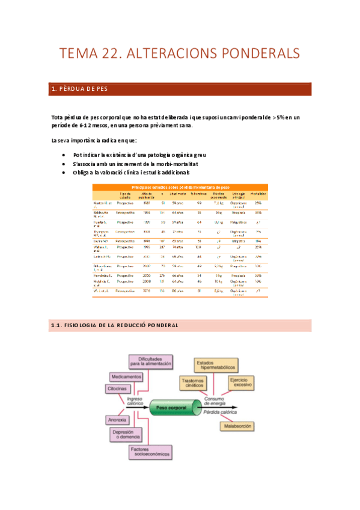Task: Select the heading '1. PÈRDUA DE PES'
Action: click(x=79, y=90)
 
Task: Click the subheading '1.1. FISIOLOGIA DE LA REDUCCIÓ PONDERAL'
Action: click(x=115, y=325)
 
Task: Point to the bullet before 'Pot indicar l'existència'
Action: click(x=65, y=155)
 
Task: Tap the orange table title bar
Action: click(x=179, y=187)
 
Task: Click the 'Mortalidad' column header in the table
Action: click(x=258, y=194)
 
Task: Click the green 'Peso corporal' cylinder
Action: click(x=172, y=408)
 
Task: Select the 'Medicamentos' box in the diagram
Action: click(x=126, y=376)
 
